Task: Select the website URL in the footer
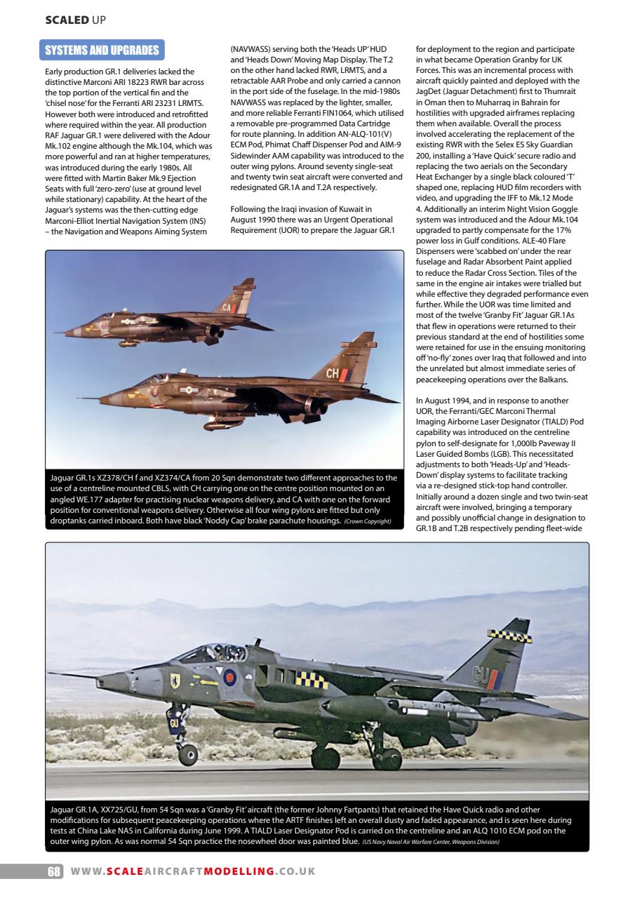point(193,871)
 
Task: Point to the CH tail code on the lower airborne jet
point(333,374)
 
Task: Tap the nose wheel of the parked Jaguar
point(187,755)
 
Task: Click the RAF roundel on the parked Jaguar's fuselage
point(229,677)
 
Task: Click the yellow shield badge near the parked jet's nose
point(175,680)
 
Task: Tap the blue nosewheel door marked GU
point(173,723)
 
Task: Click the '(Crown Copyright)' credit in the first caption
point(368,522)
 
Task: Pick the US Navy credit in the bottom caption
point(431,842)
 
